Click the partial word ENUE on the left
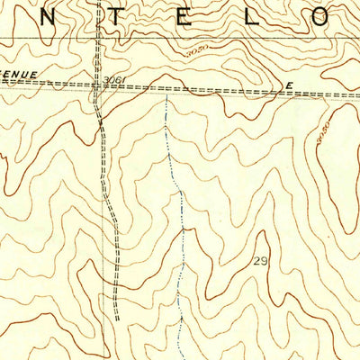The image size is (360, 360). pyautogui.click(x=19, y=74)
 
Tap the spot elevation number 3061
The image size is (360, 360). pyautogui.click(x=112, y=80)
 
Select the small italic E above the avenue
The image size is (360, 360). pyautogui.click(x=289, y=84)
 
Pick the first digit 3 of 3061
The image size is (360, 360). pyautogui.click(x=105, y=80)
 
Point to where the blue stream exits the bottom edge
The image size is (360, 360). pyautogui.click(x=178, y=357)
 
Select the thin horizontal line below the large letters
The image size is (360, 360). pyautogui.click(x=180, y=38)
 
